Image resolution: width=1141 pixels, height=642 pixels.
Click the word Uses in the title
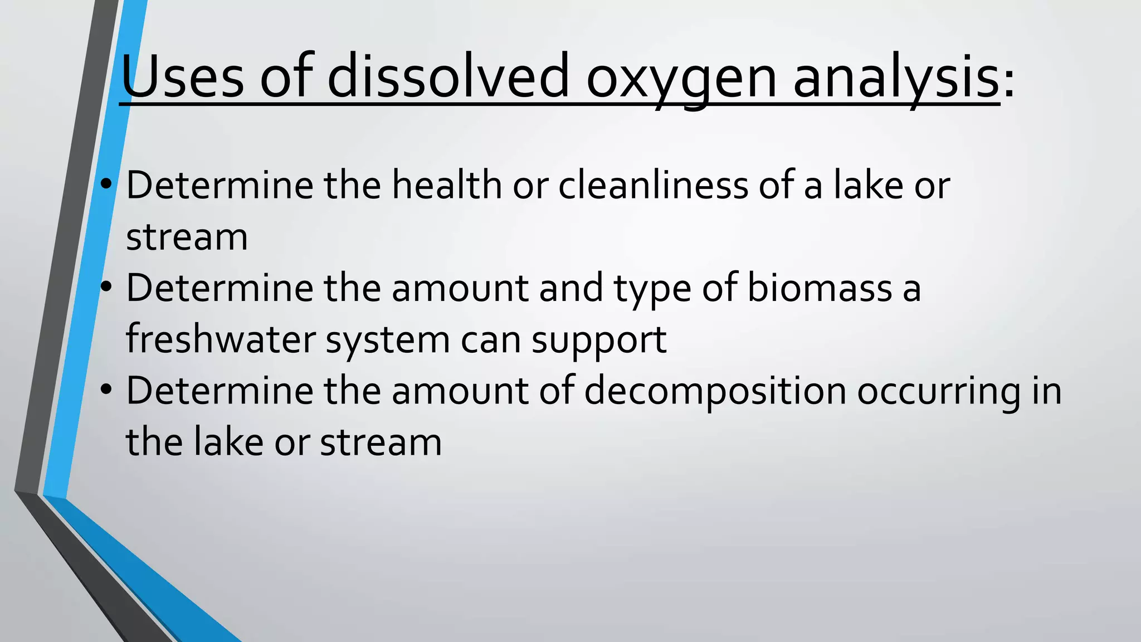(182, 77)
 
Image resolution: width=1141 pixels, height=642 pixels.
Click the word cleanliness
(653, 185)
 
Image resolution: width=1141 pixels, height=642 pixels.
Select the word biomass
(820, 288)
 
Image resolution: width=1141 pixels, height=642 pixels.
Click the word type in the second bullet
(652, 289)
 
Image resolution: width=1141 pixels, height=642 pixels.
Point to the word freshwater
(220, 339)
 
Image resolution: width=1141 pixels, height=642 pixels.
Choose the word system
(387, 341)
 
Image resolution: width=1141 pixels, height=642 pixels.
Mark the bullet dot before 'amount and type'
(106, 287)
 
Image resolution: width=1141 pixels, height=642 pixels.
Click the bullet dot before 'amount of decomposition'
(106, 390)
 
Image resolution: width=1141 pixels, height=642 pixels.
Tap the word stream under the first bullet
(187, 237)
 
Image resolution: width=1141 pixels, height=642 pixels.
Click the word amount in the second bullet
(460, 288)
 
